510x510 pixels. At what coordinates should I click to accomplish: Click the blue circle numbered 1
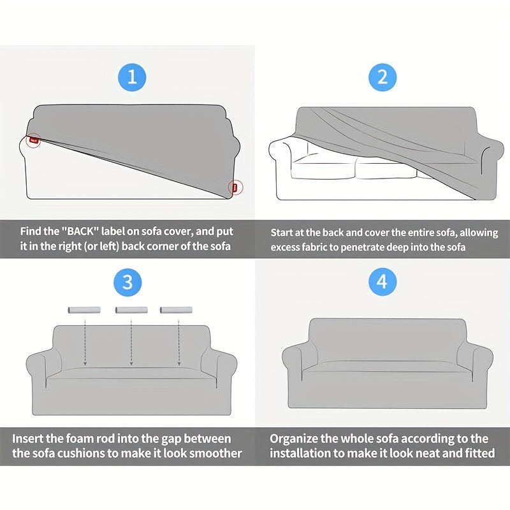[132, 77]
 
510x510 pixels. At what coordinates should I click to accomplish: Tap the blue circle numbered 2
[382, 77]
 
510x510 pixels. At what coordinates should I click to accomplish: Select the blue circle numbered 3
[127, 282]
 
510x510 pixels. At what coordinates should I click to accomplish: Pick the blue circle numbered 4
[382, 282]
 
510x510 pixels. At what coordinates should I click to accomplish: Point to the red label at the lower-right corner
[235, 187]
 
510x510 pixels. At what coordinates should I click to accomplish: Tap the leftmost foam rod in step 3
[84, 310]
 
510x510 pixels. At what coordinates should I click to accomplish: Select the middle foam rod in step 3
[131, 310]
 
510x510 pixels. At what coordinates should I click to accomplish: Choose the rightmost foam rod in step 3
[176, 310]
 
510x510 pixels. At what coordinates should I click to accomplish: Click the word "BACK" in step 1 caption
[80, 231]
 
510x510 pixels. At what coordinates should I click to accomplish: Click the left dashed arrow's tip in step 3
[85, 365]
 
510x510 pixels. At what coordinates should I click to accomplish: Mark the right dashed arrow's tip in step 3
[179, 365]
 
